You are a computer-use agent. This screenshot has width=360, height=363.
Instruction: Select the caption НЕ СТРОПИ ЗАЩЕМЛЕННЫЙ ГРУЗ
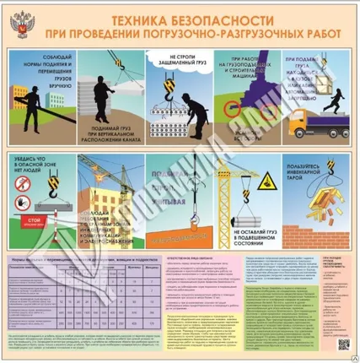172,62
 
